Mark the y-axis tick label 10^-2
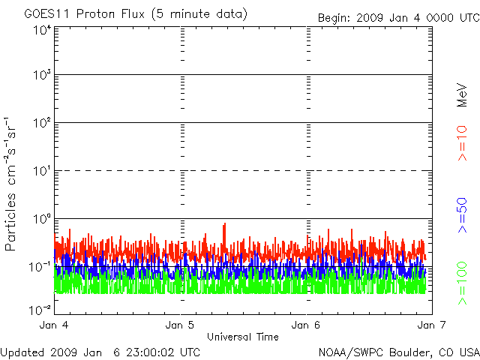coord(41,309)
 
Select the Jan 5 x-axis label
coord(181,325)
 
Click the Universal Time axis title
coord(242,337)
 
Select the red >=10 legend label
coord(463,143)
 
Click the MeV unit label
coord(463,92)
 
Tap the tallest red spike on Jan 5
coord(223,224)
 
